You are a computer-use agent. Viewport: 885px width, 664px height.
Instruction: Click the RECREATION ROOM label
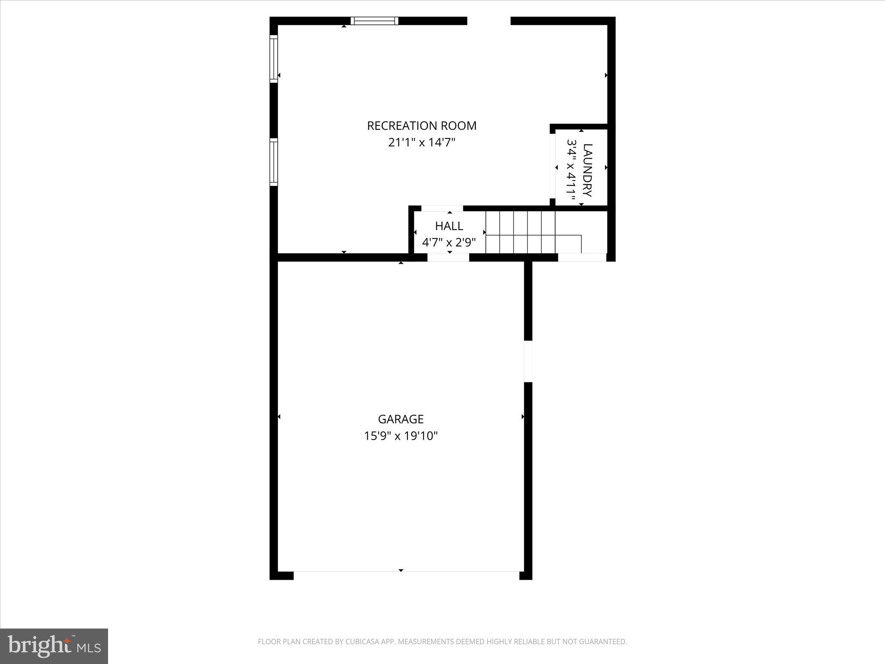point(421,126)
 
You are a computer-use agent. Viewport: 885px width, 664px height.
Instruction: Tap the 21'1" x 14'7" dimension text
point(422,143)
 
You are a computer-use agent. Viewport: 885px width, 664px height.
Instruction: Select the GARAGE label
point(401,419)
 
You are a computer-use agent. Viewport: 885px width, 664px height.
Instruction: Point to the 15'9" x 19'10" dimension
point(401,436)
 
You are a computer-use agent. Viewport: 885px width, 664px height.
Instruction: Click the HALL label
point(449,226)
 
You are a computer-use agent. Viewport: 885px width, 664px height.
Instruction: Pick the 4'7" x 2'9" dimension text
point(449,243)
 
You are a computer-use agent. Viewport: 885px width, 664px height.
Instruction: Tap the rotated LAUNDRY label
point(588,170)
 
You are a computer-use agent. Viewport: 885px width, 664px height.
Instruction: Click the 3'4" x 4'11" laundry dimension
point(572,170)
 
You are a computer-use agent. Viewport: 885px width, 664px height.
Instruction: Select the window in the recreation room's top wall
point(374,21)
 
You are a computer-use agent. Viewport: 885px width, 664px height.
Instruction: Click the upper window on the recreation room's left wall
point(274,59)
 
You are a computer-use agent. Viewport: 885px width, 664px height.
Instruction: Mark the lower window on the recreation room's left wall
point(274,162)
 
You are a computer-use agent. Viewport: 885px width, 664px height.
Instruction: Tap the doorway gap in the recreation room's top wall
point(489,21)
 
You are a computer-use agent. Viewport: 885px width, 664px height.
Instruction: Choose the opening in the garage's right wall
point(528,361)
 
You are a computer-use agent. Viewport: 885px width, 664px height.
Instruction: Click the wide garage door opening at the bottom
point(406,575)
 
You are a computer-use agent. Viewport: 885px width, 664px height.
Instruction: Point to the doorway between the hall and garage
point(448,258)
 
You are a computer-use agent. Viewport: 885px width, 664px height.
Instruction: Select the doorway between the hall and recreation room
point(442,208)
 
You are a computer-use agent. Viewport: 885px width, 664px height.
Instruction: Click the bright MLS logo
point(54,646)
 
